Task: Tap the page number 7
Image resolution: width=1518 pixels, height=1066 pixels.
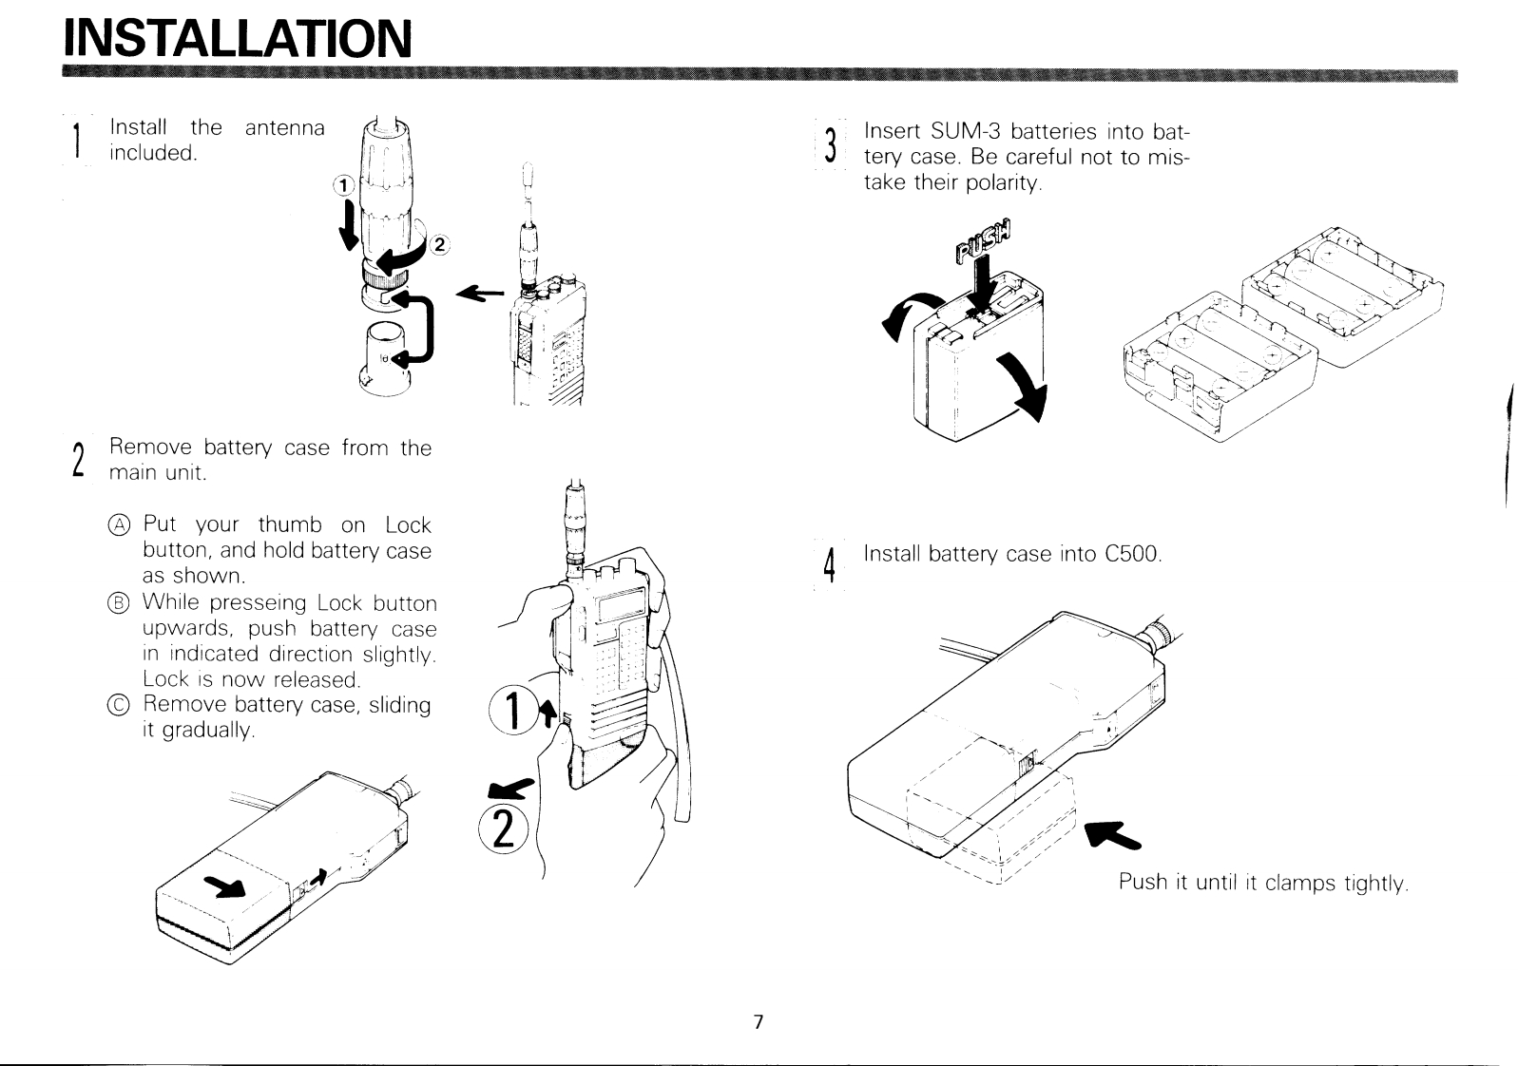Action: coord(758,1022)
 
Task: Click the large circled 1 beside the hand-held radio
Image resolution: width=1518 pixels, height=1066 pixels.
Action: coord(510,714)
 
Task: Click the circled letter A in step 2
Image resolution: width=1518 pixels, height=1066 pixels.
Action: coord(118,525)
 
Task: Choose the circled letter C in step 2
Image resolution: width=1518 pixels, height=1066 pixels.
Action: coord(118,705)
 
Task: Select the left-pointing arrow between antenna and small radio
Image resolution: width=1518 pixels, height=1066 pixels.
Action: coord(480,295)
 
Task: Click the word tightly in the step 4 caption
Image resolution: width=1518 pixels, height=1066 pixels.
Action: coord(1374,883)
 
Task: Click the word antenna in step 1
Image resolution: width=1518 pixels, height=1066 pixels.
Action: coord(284,127)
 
